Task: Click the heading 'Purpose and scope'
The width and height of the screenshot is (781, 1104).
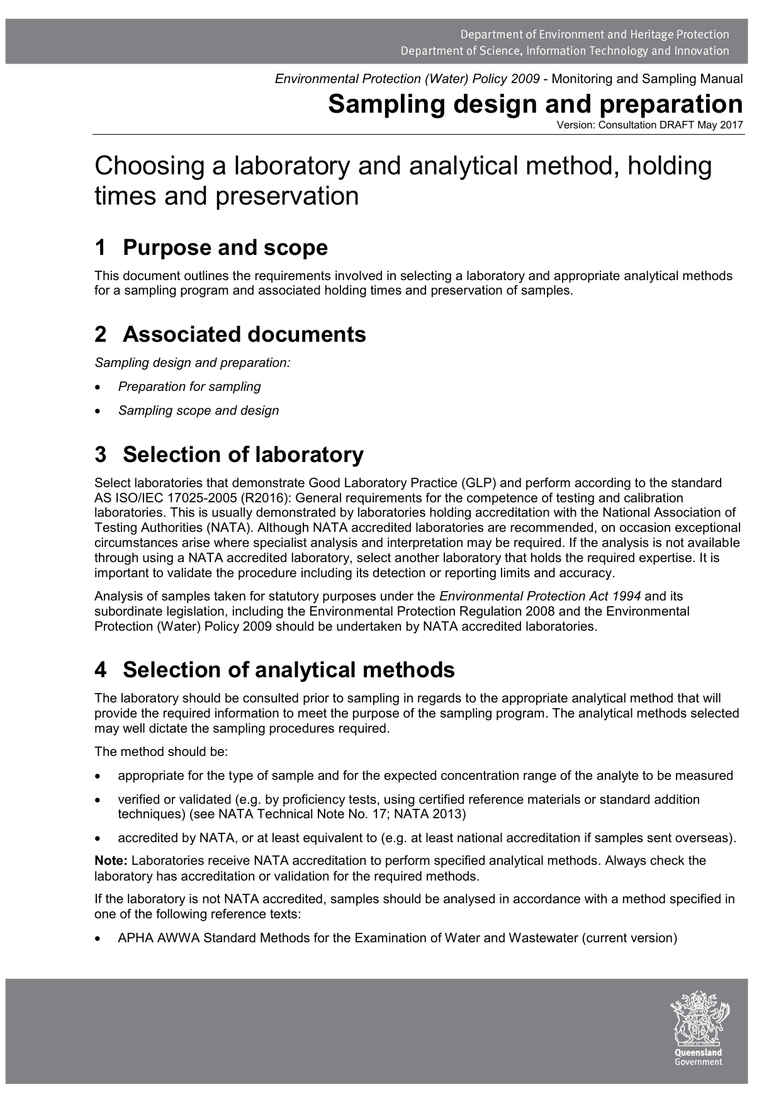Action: coord(225,247)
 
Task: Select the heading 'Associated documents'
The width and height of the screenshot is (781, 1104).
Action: coord(244,334)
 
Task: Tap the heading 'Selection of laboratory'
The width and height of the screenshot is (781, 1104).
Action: coord(243,454)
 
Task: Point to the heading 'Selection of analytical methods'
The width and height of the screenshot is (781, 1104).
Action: coord(288,670)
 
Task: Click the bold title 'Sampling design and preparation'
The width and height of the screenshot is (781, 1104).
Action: coord(535,104)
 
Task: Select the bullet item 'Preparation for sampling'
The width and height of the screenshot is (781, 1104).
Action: coord(189,386)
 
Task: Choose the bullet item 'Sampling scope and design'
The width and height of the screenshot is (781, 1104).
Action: coord(198,410)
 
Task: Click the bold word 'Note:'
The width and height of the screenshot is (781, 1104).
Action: coord(111,860)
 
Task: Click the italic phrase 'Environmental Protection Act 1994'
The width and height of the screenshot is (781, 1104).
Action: coord(539,596)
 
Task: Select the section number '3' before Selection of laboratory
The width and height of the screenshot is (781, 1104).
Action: coord(100,454)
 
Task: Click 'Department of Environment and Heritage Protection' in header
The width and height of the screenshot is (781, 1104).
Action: coord(594,35)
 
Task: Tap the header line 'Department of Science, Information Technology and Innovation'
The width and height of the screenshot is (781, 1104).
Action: coord(565,51)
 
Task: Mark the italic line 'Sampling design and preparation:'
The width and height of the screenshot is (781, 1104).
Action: coord(192,363)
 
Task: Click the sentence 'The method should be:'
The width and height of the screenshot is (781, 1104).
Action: coord(160,752)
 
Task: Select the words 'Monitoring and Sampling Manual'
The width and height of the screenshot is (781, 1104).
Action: coord(647,79)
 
